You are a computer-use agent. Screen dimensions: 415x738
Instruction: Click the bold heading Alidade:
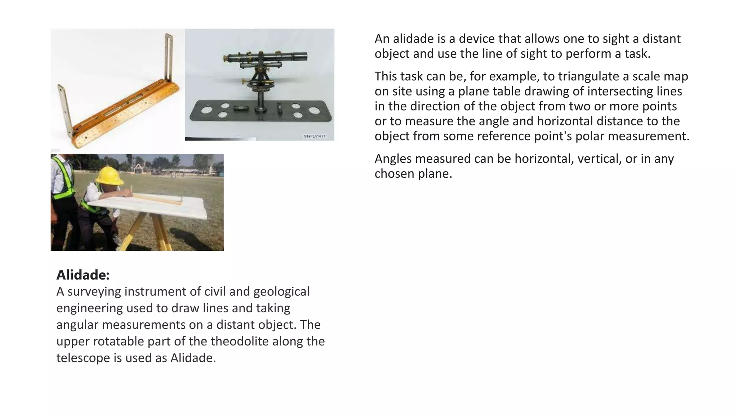coord(83,275)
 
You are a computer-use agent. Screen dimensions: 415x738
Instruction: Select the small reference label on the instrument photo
coord(315,136)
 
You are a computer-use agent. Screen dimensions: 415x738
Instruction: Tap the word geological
coord(281,291)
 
